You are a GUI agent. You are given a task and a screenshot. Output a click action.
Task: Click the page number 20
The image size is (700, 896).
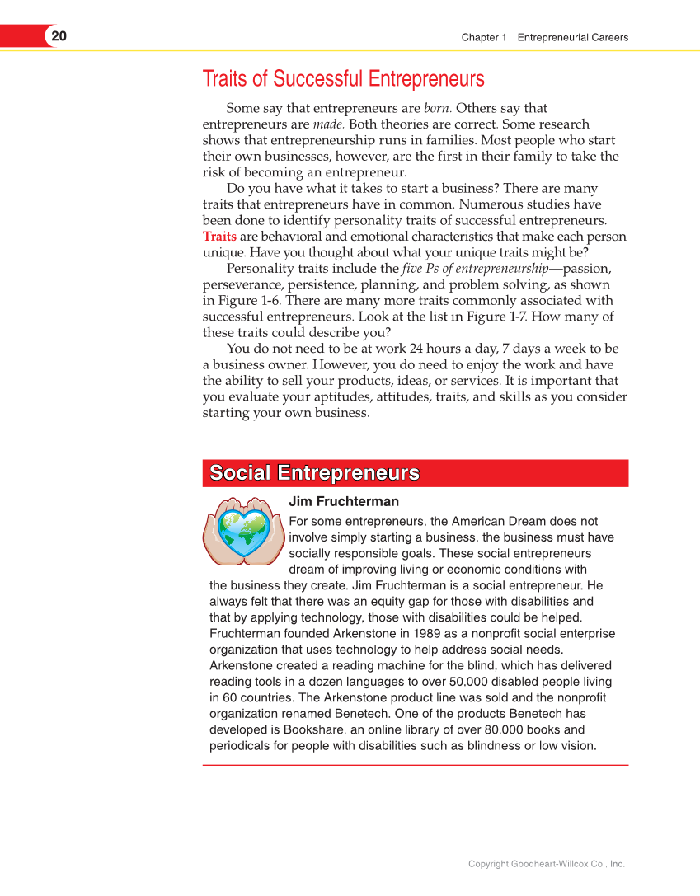[59, 36]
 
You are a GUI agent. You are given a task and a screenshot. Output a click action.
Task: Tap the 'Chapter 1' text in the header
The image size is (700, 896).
[484, 37]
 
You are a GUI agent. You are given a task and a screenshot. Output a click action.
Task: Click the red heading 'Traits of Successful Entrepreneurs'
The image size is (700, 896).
[343, 79]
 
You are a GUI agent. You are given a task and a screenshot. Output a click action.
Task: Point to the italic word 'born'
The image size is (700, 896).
[437, 108]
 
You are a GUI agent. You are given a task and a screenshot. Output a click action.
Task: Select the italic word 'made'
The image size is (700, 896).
[327, 124]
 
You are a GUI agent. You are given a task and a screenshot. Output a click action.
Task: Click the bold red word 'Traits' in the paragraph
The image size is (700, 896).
[219, 237]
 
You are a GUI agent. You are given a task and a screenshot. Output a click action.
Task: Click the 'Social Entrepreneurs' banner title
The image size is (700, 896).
[314, 473]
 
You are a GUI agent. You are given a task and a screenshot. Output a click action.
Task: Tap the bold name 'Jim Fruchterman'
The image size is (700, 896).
[344, 502]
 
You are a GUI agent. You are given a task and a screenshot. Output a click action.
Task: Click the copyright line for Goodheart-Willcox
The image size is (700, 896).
[546, 864]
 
